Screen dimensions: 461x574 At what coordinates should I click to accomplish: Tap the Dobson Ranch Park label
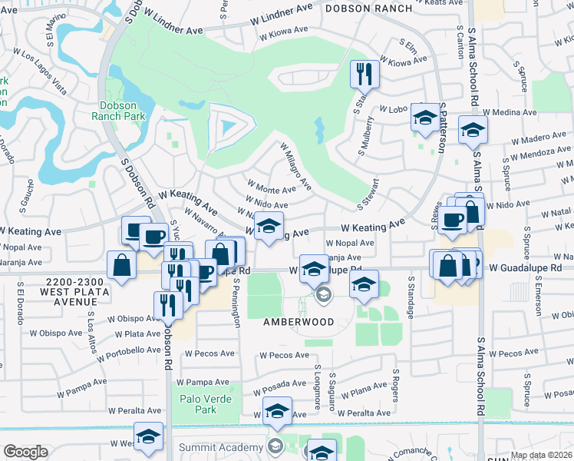118,111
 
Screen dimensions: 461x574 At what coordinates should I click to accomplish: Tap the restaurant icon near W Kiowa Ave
363,75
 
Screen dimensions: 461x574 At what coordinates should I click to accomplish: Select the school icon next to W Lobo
424,117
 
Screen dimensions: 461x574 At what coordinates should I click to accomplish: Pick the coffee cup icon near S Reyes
453,219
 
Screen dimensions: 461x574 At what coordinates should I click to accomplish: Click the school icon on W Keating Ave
268,227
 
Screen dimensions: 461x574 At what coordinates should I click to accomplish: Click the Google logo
25,452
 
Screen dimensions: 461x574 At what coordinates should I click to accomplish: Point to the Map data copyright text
541,455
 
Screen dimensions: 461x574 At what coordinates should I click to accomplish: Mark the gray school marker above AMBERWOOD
323,294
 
